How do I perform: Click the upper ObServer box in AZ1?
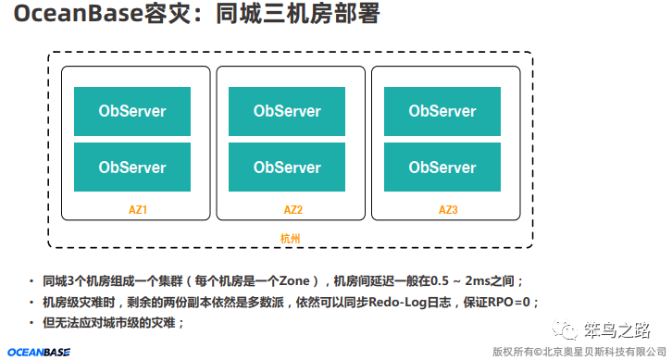[x=132, y=112]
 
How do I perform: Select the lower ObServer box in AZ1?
[x=132, y=168]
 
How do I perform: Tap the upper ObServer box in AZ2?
[x=287, y=112]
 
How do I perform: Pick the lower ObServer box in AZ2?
[x=287, y=168]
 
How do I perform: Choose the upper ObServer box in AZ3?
[x=442, y=112]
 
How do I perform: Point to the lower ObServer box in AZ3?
[x=442, y=168]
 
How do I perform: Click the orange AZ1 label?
[x=138, y=210]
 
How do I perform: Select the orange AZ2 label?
[x=293, y=210]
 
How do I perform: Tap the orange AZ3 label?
[x=448, y=210]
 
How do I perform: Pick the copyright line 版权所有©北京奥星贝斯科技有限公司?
[x=579, y=352]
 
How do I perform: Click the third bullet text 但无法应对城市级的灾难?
[x=114, y=323]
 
